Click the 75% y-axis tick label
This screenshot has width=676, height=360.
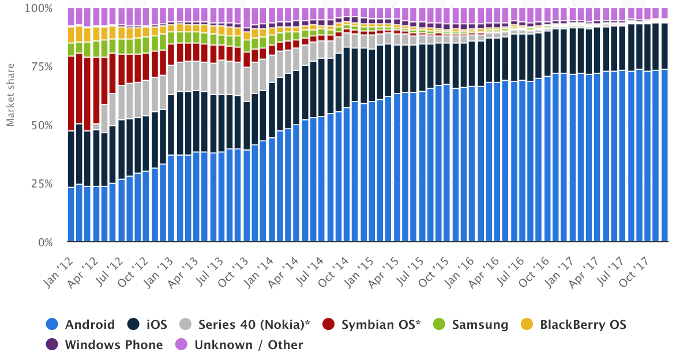[42, 67]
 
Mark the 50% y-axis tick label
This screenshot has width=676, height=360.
[42, 126]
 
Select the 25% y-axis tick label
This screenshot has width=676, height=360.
[42, 184]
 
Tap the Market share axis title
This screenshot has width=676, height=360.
[10, 96]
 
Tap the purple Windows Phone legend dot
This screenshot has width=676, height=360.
[52, 345]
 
